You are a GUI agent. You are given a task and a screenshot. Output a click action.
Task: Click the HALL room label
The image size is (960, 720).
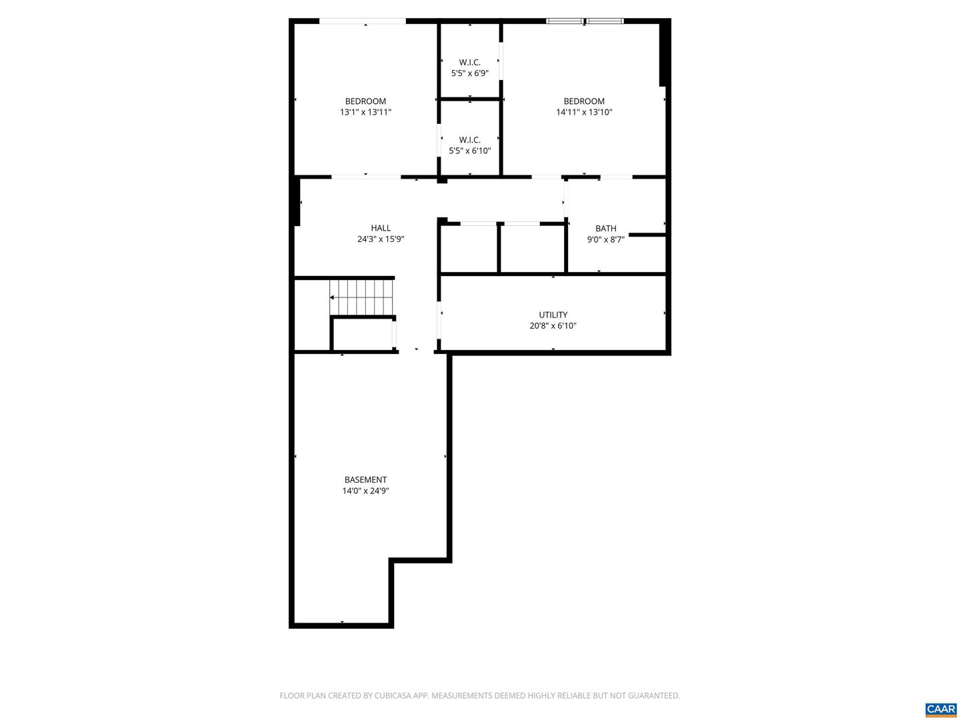(381, 228)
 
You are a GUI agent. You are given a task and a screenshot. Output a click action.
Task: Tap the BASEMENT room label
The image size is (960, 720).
(365, 479)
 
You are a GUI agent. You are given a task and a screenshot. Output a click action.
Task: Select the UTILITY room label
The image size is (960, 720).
(553, 315)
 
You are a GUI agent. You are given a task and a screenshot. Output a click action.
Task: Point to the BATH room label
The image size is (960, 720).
(606, 228)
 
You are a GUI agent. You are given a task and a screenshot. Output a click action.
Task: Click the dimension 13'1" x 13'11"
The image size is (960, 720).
(365, 112)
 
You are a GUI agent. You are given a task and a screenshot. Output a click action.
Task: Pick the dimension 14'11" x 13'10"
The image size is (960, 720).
(584, 112)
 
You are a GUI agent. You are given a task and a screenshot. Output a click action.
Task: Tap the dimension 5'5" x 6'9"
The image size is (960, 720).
(470, 73)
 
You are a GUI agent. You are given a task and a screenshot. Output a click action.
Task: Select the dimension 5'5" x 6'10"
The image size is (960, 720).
(470, 151)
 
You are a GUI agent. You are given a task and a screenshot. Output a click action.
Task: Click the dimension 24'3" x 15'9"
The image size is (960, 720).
(381, 239)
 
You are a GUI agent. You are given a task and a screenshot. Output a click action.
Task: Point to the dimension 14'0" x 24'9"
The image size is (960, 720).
(365, 491)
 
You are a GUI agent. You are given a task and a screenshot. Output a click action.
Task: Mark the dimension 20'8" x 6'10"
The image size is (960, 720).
(553, 326)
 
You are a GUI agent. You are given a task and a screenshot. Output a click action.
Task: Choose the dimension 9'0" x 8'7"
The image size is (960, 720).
(606, 239)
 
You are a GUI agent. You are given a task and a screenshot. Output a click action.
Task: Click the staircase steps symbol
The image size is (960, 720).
(362, 297)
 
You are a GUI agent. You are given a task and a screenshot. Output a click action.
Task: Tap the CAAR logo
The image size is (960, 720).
(940, 709)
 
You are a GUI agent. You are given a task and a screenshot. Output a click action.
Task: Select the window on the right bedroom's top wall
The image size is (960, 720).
(585, 21)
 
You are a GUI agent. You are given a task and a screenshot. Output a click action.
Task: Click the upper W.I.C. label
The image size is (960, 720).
(470, 62)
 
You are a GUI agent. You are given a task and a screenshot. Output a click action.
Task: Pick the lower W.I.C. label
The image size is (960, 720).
(470, 139)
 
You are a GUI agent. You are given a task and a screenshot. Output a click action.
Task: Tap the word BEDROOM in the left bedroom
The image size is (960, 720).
(365, 101)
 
